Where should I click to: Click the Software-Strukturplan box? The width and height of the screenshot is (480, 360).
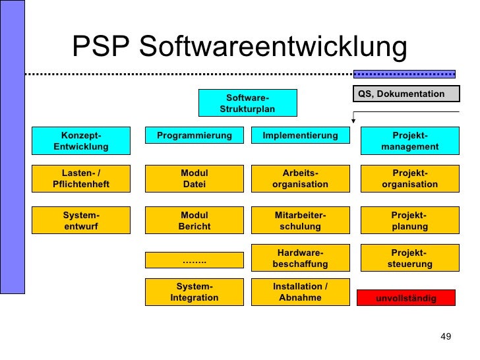point(247,103)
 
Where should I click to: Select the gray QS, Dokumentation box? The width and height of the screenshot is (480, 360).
point(406,94)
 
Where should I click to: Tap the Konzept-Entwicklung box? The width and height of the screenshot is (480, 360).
point(81,140)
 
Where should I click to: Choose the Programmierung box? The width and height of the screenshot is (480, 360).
point(195,136)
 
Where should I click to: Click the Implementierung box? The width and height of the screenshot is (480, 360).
point(300,136)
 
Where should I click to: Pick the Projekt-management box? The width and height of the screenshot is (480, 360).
point(409,140)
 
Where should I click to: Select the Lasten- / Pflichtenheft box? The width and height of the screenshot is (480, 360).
point(81,179)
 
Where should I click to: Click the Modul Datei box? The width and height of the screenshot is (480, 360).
point(195,179)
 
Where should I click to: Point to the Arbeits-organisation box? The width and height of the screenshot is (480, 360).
point(300,179)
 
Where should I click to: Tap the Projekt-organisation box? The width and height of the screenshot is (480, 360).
point(409,179)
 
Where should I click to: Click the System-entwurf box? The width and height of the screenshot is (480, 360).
point(81,221)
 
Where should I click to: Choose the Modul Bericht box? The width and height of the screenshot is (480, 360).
point(195,221)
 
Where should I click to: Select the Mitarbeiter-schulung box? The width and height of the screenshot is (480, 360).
point(300,221)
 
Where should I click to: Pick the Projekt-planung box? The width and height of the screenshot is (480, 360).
point(409,221)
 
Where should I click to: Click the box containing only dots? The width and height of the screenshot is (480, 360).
point(195,261)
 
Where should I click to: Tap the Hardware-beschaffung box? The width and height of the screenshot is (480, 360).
point(300,258)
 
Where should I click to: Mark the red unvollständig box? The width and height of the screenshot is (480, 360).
point(406,299)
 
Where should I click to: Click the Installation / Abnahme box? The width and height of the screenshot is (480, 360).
point(300,292)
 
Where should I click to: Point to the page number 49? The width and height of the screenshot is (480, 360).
point(445,338)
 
